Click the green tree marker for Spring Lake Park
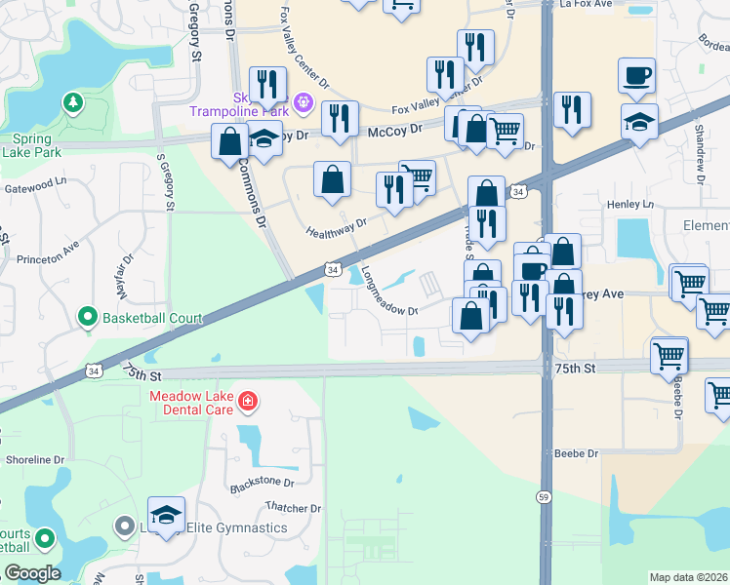[x=71, y=101]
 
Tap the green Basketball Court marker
[x=87, y=317]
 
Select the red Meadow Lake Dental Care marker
[x=248, y=401]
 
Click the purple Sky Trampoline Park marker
[x=303, y=99]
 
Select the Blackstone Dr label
[x=261, y=483]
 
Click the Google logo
[x=31, y=573]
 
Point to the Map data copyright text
[x=689, y=577]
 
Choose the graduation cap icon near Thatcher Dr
[x=167, y=515]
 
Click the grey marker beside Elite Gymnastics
[x=124, y=526]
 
